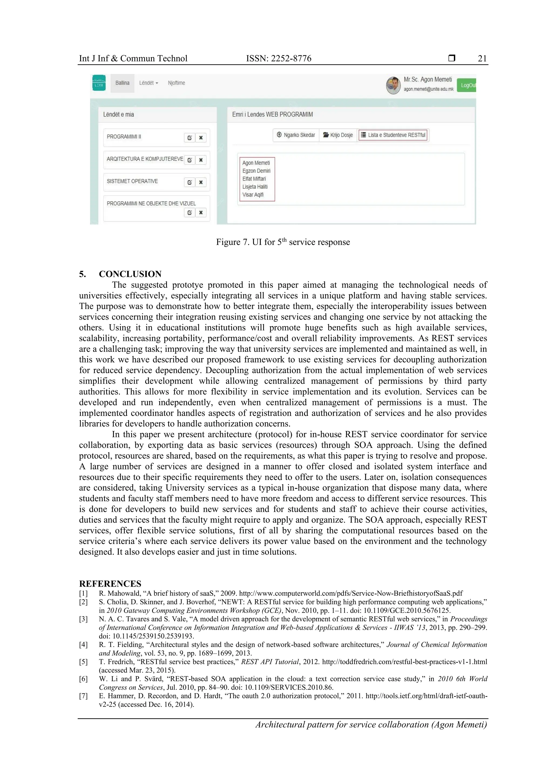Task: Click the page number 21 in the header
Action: coord(482,59)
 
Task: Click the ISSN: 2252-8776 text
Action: coord(278,59)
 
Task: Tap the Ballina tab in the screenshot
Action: coord(122,83)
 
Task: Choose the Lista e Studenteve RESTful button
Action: coord(393,135)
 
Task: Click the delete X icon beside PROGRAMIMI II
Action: coord(201,138)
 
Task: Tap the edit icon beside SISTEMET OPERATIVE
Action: coord(190,182)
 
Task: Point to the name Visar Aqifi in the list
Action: coord(253,195)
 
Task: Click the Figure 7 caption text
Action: coord(283,242)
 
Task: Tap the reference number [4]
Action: coord(83,645)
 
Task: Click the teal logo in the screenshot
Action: coord(99,83)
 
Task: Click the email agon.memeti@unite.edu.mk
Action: coord(428,89)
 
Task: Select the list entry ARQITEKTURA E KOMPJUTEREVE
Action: coord(144,159)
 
